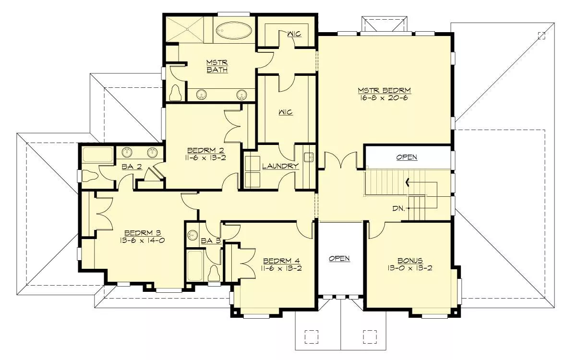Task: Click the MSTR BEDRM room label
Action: coord(384,91)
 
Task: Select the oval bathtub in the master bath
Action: coord(234,31)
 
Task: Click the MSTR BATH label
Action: coord(217,66)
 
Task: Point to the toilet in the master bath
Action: coord(176,93)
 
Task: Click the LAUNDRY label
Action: coord(280,166)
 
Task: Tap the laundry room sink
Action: coord(308,156)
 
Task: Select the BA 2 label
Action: coord(132,167)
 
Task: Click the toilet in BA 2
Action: coord(90,176)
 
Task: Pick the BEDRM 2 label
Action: coord(205,150)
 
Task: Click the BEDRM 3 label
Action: coord(143,233)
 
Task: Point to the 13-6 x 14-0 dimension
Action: coord(142,240)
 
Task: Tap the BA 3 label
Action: coord(211,241)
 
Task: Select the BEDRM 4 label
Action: coord(281,261)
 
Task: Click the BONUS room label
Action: coord(410,261)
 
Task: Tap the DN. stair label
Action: coord(398,208)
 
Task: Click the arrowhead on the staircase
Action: coord(408,182)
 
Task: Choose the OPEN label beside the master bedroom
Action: coord(407,157)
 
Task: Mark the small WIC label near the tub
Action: coord(294,34)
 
